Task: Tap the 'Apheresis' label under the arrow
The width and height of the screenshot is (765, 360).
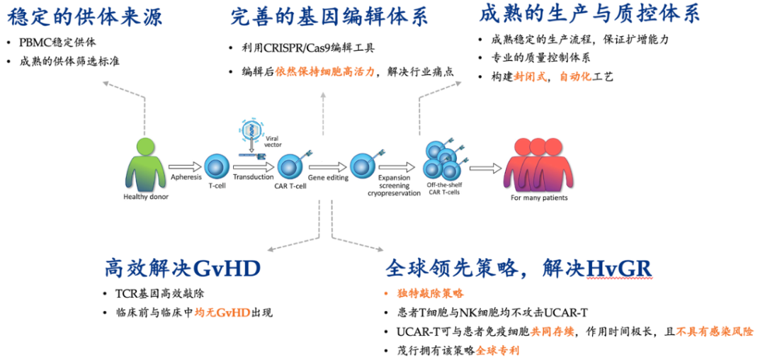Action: (186, 176)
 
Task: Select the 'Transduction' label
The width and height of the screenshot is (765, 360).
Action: (254, 176)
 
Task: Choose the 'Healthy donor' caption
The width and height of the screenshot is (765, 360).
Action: (146, 197)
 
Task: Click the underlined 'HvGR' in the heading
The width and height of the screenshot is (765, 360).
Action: (619, 268)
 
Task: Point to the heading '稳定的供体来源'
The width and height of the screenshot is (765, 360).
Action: (84, 16)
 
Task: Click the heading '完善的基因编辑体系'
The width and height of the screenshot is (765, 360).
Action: (329, 16)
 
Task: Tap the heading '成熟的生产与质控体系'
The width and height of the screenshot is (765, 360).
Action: (589, 13)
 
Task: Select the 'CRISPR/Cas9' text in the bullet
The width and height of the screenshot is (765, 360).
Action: (299, 48)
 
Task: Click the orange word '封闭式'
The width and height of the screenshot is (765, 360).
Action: (534, 77)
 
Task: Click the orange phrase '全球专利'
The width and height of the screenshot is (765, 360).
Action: (497, 350)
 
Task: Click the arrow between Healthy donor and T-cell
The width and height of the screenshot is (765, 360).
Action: (186, 167)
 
